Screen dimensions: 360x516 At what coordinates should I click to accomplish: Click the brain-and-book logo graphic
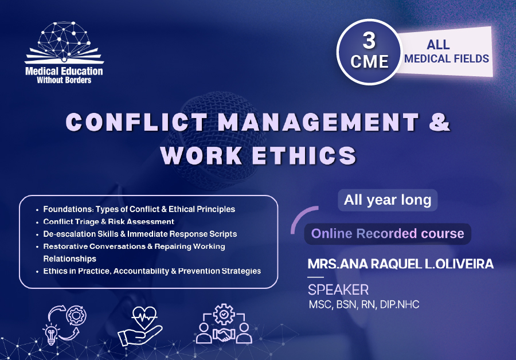pyautogui.click(x=64, y=44)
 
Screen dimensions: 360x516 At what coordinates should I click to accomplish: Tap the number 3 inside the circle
pyautogui.click(x=370, y=41)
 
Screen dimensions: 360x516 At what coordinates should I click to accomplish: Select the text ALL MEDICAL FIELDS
pyautogui.click(x=446, y=51)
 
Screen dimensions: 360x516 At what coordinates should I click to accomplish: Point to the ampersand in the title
pyautogui.click(x=440, y=122)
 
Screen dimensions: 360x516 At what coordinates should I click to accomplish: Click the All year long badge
pyautogui.click(x=388, y=200)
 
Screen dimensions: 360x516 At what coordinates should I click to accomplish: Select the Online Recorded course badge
pyautogui.click(x=388, y=234)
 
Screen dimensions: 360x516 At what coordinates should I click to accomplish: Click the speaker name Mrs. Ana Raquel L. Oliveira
pyautogui.click(x=400, y=265)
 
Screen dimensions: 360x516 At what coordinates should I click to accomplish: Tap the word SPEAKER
pyautogui.click(x=338, y=289)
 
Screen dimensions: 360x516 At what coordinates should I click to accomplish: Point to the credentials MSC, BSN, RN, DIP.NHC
pyautogui.click(x=363, y=304)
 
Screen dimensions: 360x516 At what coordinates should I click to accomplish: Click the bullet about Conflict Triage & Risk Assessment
pyautogui.click(x=109, y=221)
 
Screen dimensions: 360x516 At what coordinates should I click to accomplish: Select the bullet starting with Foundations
pyautogui.click(x=139, y=209)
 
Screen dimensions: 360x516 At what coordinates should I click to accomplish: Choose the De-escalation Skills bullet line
pyautogui.click(x=140, y=234)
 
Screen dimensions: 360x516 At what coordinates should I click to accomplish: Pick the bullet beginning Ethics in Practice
pyautogui.click(x=152, y=271)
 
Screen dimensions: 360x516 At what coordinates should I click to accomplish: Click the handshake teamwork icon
pyautogui.click(x=224, y=324)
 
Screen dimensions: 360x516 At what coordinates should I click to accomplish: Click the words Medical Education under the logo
pyautogui.click(x=64, y=72)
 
